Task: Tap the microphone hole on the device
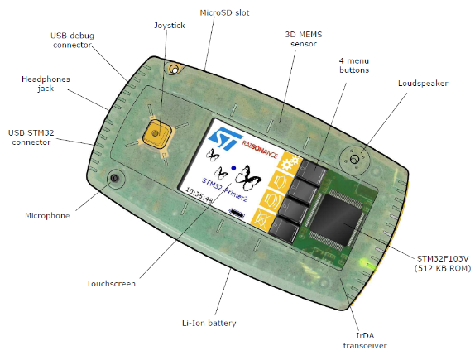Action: pos(114,178)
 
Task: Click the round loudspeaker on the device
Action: pos(354,159)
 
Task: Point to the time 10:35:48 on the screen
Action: pos(199,194)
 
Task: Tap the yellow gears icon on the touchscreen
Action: pos(290,163)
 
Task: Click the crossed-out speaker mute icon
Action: pos(261,218)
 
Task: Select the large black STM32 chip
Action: pos(336,219)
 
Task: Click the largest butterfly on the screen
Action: pos(248,178)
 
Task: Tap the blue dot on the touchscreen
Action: pos(233,167)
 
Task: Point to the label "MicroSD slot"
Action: pos(224,12)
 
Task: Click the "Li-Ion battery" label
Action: pos(209,323)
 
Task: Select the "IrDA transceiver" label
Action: pos(365,341)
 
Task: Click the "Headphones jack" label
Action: pos(46,84)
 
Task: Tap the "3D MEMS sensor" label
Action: pos(304,39)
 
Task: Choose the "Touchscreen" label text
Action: pos(111,284)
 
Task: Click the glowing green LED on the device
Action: pos(369,264)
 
